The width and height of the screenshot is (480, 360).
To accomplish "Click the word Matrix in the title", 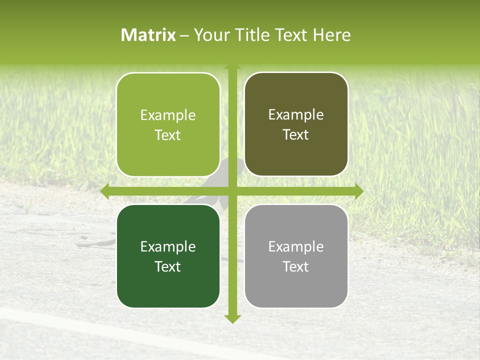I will pyautogui.click(x=148, y=35).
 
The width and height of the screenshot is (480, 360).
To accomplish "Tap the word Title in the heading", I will pyautogui.click(x=248, y=35).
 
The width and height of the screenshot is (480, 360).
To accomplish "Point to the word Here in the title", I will pyautogui.click(x=332, y=35).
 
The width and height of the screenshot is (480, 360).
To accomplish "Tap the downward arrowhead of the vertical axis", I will pyautogui.click(x=232, y=318).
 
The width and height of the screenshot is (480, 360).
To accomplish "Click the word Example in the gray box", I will pyautogui.click(x=296, y=246).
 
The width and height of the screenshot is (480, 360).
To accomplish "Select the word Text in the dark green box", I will pyautogui.click(x=168, y=266).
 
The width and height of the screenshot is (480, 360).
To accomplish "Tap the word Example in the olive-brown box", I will pyautogui.click(x=296, y=115).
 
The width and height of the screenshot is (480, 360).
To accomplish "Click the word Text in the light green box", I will pyautogui.click(x=168, y=135).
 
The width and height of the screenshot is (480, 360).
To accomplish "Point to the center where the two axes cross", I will pyautogui.click(x=232, y=191).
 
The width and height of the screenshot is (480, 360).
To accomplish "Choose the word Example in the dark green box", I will pyautogui.click(x=168, y=246).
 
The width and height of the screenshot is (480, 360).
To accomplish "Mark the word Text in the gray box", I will pyautogui.click(x=296, y=266).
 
